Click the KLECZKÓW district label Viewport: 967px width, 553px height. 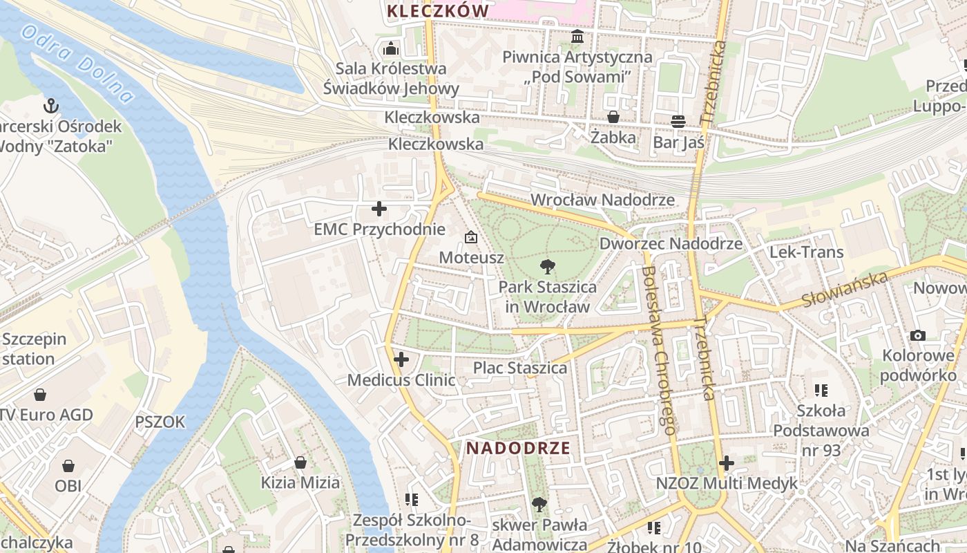(x=438, y=11)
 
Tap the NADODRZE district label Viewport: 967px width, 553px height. (x=518, y=448)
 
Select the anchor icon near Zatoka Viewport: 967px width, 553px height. (x=50, y=106)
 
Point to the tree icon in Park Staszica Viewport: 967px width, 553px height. (x=548, y=266)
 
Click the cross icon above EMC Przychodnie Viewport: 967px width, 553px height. (x=379, y=209)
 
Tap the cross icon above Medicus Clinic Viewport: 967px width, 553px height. (x=401, y=359)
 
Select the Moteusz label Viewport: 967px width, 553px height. (x=472, y=257)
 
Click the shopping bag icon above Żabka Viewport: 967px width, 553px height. (x=613, y=117)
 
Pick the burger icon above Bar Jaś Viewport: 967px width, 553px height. (x=678, y=122)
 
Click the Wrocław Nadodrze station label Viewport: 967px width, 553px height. (x=602, y=200)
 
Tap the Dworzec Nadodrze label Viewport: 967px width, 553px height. (x=671, y=243)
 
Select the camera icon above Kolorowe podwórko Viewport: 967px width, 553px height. (x=918, y=336)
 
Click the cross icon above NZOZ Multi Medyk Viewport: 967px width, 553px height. (x=726, y=463)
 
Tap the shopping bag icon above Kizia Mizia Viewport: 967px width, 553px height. (x=300, y=462)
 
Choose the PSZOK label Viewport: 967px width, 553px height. (x=160, y=422)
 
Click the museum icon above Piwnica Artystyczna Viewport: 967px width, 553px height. (x=577, y=36)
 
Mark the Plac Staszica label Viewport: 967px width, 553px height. (x=519, y=368)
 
